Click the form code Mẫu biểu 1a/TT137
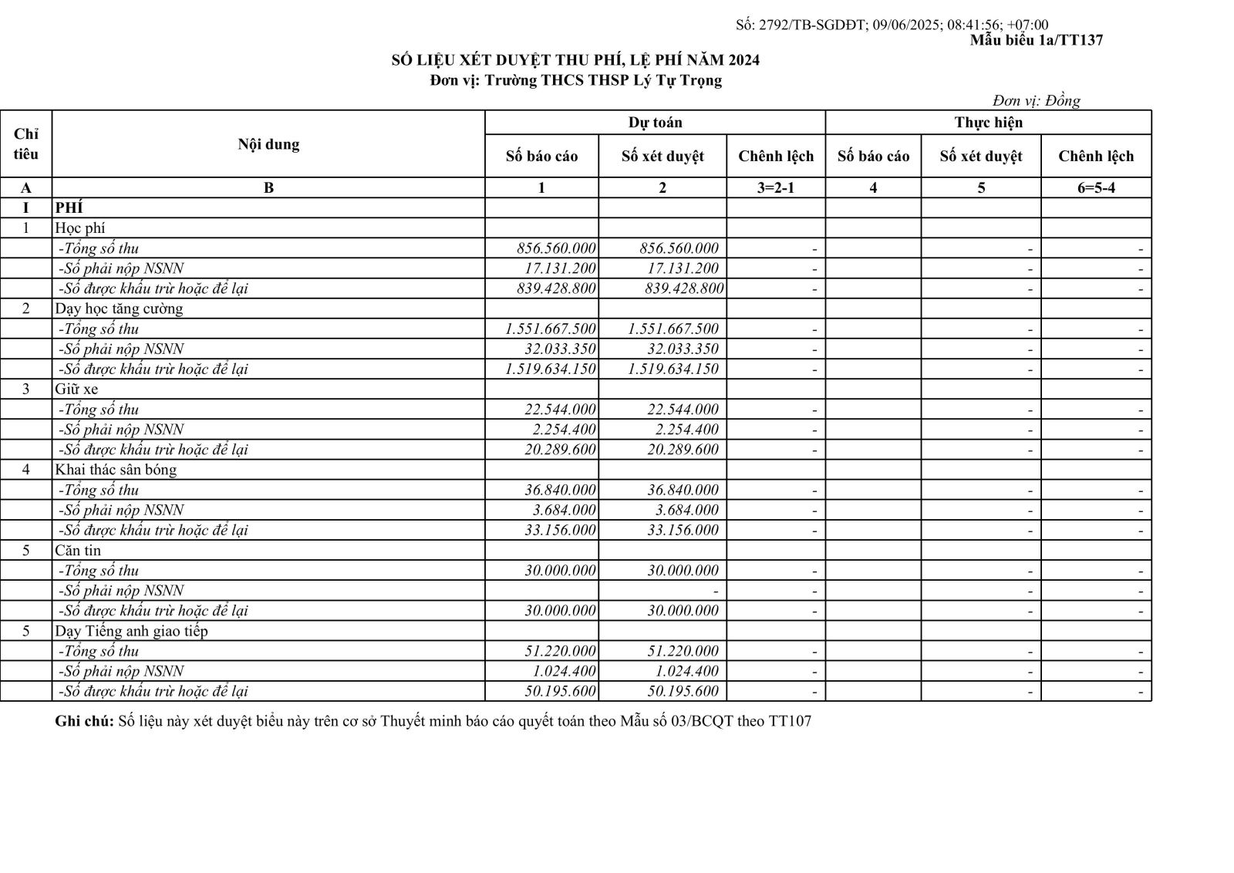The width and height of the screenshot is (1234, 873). click(1036, 40)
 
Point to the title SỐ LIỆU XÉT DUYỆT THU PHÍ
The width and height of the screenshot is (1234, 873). click(575, 60)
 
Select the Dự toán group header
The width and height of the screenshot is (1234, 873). click(655, 123)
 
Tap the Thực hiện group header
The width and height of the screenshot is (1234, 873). click(988, 123)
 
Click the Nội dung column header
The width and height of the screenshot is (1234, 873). click(268, 144)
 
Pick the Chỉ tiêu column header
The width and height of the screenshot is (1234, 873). click(26, 144)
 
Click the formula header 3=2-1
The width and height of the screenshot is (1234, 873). click(775, 187)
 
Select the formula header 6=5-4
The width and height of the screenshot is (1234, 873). click(1095, 187)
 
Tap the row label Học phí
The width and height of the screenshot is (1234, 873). click(80, 228)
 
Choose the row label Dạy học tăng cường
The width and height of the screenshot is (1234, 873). click(119, 308)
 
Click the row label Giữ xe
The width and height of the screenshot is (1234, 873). click(76, 389)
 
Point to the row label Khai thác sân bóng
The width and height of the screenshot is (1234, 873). click(116, 470)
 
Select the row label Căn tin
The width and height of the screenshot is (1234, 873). click(78, 550)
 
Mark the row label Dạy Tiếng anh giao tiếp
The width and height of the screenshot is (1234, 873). click(131, 631)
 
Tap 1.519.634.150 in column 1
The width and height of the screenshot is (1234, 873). click(551, 369)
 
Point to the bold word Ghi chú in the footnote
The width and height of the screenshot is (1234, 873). click(84, 722)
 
